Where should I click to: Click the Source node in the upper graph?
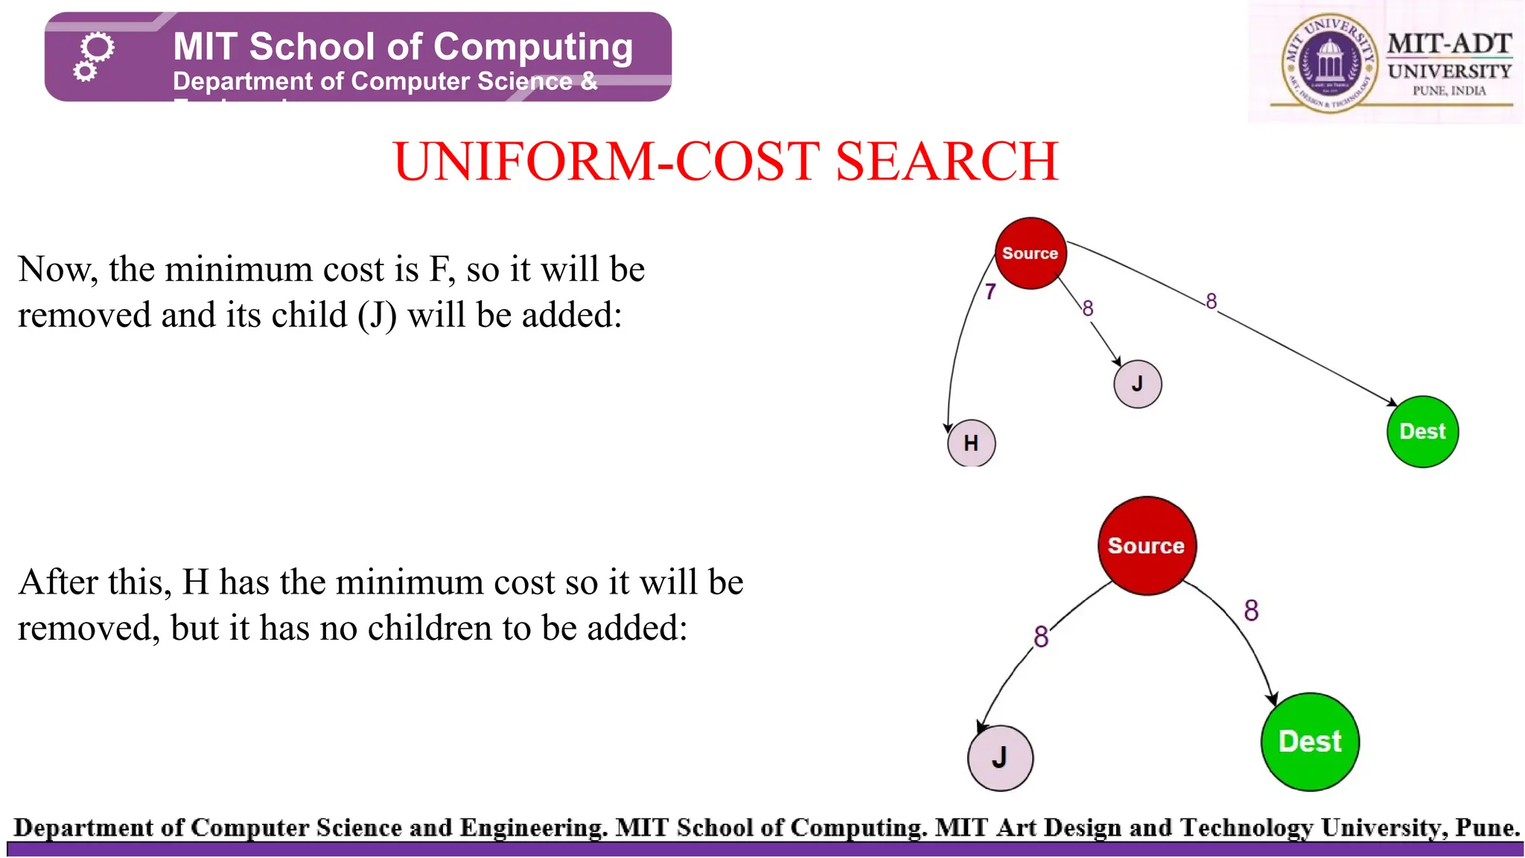click(1031, 253)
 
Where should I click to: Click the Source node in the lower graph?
click(1146, 545)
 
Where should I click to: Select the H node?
click(971, 443)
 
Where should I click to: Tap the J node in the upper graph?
click(1137, 384)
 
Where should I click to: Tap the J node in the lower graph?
click(1000, 757)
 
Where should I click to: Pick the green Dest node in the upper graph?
click(1422, 431)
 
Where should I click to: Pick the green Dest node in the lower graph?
click(1310, 741)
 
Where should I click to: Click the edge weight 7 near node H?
click(990, 291)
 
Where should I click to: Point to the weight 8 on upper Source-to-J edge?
click(1088, 308)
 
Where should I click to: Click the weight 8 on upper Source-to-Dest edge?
click(1212, 301)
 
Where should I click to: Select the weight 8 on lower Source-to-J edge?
click(1041, 637)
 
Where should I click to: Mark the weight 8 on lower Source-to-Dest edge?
click(1251, 611)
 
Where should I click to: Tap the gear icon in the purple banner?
click(94, 56)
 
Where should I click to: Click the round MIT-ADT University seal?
click(1328, 64)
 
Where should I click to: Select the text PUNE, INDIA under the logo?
click(1449, 91)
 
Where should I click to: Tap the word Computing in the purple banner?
click(533, 47)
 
